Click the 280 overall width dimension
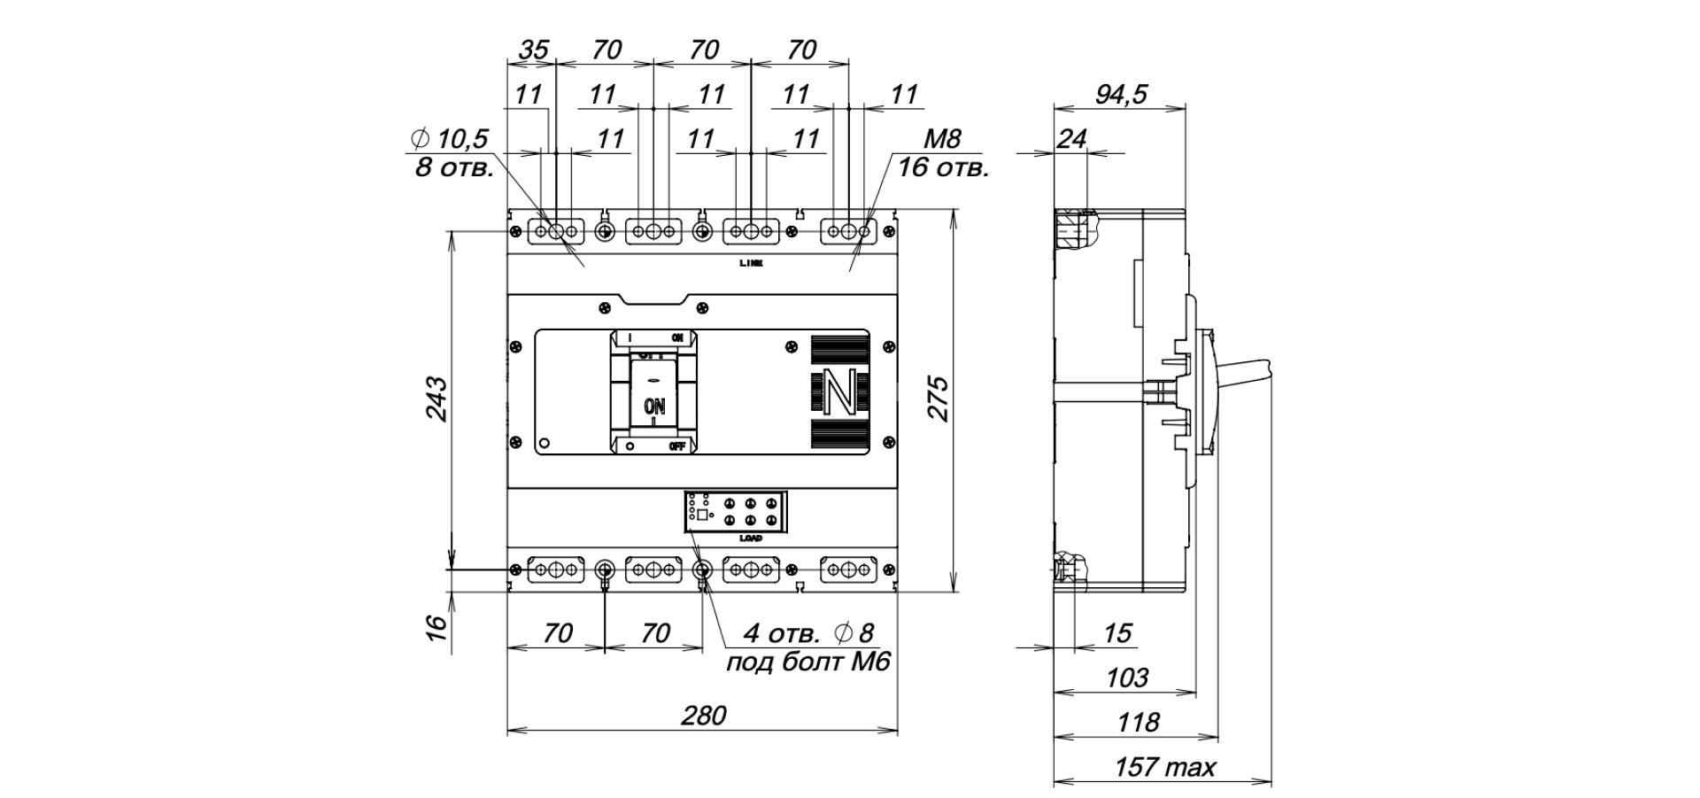tap(704, 715)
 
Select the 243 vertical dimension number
tap(437, 399)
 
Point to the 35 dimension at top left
tap(533, 50)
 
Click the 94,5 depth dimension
tap(1121, 93)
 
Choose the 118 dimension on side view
tap(1140, 723)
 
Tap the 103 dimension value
tap(1127, 678)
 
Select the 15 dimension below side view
tap(1118, 633)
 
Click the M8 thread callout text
tap(941, 139)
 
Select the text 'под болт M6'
tap(807, 662)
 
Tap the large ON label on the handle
tap(653, 407)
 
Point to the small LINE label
tap(751, 263)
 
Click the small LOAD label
tap(750, 538)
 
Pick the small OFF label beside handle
tap(677, 446)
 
